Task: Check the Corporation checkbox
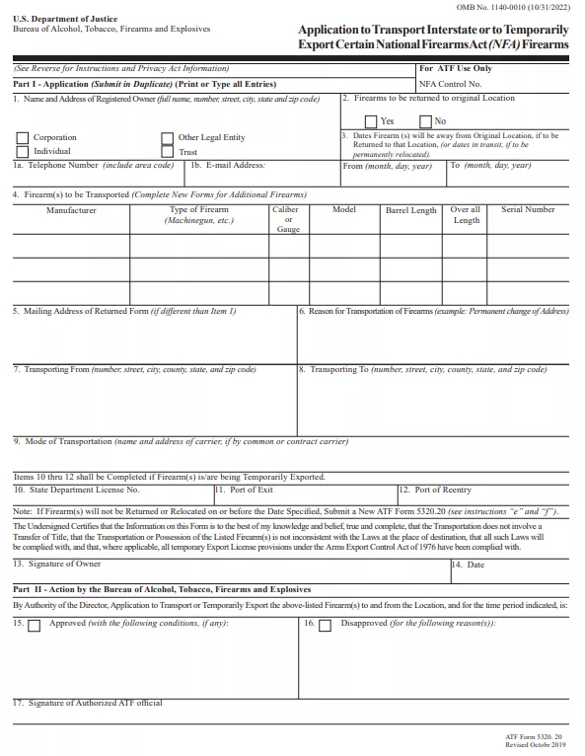22,138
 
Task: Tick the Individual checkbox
22,152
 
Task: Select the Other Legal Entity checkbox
168,138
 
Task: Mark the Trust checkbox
168,152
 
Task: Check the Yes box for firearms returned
371,120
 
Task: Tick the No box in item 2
426,120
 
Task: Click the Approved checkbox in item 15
35,625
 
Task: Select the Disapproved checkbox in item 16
325,625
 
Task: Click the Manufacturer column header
71,210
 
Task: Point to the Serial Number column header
528,209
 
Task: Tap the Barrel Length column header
410,210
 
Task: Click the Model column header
344,209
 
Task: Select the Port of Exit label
252,490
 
